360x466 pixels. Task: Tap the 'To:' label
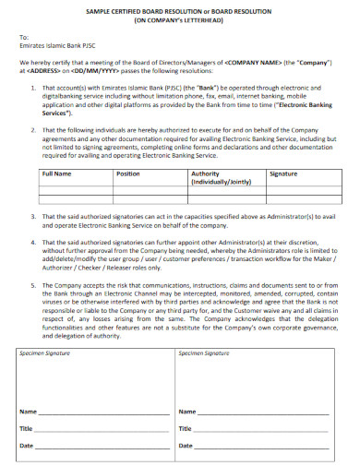point(24,37)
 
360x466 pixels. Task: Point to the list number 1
point(34,88)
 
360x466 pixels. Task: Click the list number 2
point(34,130)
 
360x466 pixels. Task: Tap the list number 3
point(34,216)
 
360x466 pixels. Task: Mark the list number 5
point(34,284)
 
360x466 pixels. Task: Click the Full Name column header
point(57,173)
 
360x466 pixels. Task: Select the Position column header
point(128,173)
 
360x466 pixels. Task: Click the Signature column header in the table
point(282,173)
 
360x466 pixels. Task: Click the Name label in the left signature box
point(29,412)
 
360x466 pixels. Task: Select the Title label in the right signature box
point(185,428)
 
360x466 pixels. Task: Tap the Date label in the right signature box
point(185,446)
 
